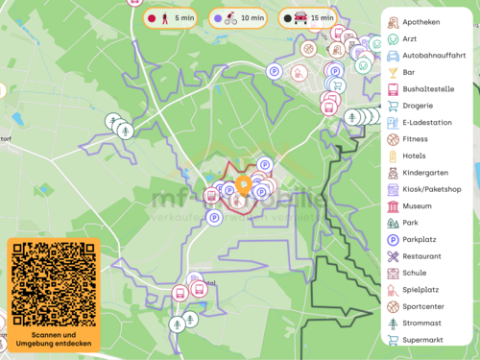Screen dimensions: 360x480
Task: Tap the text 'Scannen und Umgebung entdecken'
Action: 53,338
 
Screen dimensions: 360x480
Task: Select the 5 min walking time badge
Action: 171,17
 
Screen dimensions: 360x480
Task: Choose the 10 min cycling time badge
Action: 240,17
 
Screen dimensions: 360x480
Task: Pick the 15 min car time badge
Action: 308,17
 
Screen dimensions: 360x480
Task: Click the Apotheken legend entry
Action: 422,22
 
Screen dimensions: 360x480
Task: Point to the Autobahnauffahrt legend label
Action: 434,56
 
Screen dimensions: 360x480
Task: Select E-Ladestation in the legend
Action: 427,123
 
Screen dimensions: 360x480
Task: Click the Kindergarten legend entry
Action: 425,173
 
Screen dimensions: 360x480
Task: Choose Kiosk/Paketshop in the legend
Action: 432,189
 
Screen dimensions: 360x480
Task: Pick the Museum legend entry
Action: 417,206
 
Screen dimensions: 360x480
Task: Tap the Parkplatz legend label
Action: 421,240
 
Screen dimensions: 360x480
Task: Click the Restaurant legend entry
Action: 421,256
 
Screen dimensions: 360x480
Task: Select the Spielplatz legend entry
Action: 420,290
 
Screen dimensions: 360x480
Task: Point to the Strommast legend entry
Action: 421,324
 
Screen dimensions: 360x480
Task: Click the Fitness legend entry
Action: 415,139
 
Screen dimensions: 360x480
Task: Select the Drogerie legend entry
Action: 418,106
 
